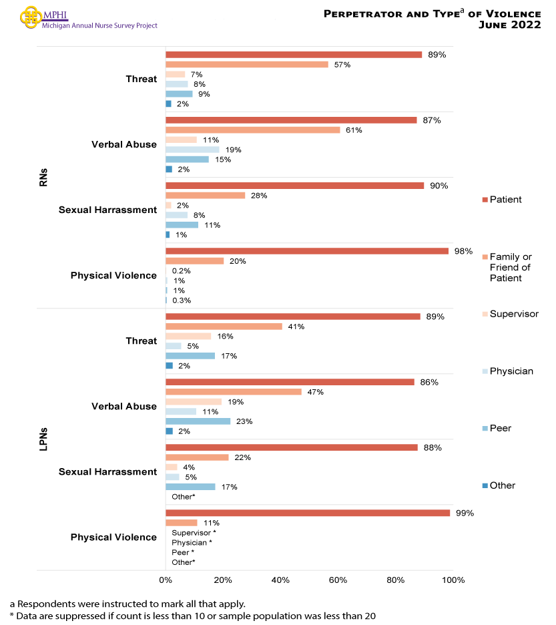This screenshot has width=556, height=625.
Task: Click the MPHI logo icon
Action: pos(31,16)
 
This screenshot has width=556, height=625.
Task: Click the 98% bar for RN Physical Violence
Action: pos(307,251)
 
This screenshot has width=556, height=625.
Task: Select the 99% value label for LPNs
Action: pos(465,513)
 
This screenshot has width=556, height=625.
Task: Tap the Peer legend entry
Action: pos(500,428)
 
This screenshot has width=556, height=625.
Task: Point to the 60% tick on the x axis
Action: pos(338,580)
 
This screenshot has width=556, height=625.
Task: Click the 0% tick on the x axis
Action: pos(166,580)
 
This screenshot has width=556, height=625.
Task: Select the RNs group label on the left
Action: pos(43,177)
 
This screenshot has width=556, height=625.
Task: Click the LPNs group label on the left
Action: pos(43,439)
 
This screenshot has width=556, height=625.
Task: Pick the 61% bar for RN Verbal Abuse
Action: pos(253,130)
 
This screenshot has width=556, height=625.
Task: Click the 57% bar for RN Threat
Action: pos(247,64)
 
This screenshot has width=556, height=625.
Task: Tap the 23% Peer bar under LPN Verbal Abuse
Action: pos(198,421)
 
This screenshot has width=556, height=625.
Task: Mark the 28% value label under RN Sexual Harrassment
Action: pos(259,196)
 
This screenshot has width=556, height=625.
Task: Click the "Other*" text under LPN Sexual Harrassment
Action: pos(184,497)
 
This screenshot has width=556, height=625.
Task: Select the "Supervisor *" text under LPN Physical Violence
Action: pos(194,533)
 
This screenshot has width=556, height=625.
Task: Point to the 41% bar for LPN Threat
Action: pos(224,327)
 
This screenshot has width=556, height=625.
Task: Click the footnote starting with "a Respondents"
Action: pos(127,604)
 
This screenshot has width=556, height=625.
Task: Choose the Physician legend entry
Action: pos(511,371)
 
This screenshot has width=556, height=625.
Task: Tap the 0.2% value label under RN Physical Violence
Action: pos(182,271)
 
